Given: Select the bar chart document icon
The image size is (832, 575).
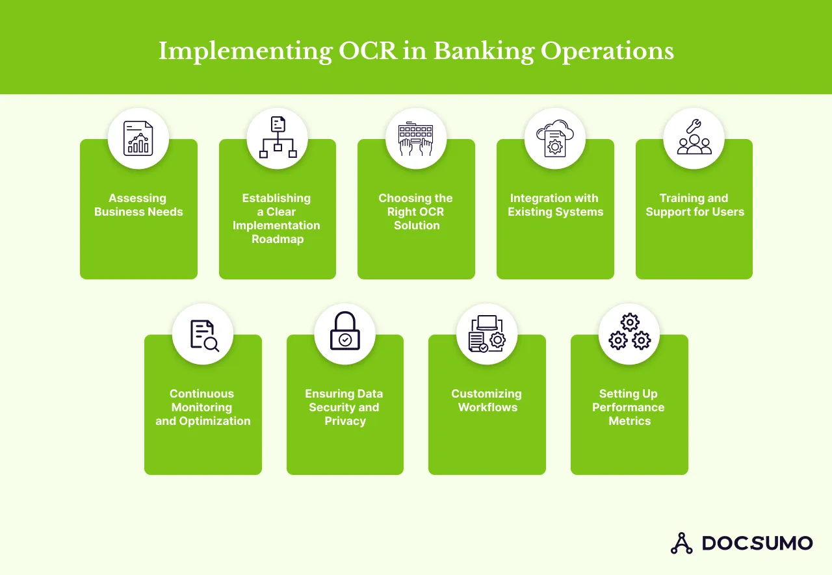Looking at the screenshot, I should [138, 138].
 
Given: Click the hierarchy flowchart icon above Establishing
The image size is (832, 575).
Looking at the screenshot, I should [278, 138].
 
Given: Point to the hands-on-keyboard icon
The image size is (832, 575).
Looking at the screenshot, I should [416, 138].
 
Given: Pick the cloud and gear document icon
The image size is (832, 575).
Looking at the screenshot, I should [554, 138].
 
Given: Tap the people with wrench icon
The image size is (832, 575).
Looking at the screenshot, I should [694, 138].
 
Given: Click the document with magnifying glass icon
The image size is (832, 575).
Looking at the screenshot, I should [203, 335].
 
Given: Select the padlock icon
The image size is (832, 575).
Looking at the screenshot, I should [344, 333].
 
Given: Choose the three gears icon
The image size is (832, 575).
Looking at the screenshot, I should [629, 333].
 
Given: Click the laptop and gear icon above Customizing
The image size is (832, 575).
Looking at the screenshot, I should [486, 334].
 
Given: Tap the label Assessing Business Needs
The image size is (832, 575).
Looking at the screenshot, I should [138, 205].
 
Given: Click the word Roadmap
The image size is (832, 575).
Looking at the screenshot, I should [278, 239].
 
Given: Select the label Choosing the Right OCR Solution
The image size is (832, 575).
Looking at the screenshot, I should [416, 212].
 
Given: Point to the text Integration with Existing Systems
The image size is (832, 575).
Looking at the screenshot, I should [555, 205].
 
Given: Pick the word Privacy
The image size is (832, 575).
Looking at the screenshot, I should [345, 421].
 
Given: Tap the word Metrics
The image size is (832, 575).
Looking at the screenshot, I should [629, 421].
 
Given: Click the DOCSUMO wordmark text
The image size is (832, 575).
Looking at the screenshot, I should [757, 543].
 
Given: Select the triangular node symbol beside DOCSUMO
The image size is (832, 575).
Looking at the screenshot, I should [681, 543].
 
